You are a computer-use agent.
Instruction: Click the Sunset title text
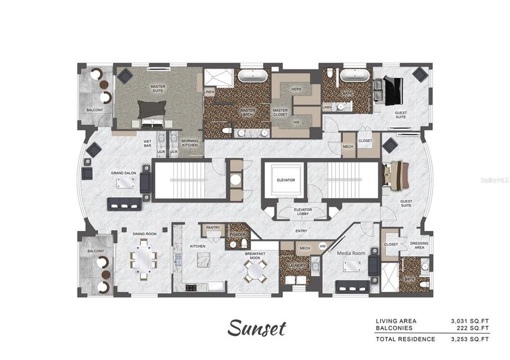257,328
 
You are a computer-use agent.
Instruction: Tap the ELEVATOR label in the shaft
285,179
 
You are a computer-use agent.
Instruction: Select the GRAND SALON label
123,173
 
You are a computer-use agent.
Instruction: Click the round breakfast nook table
255,271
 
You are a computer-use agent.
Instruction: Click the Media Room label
349,253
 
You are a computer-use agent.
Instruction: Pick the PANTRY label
213,227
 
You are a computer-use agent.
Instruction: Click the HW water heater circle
322,246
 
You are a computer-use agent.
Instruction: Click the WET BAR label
147,144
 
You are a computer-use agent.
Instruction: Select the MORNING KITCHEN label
189,143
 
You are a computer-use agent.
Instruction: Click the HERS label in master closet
296,89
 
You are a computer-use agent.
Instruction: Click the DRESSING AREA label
418,245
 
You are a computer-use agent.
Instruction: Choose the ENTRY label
301,230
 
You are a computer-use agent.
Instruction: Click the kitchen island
204,260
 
